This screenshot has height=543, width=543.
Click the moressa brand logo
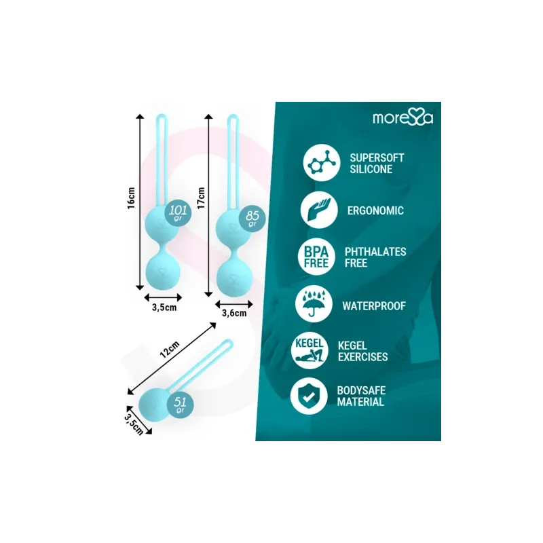(402, 117)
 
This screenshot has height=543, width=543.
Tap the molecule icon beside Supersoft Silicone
(322, 162)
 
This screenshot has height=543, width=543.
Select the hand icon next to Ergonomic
(319, 210)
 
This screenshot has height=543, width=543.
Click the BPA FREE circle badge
(316, 257)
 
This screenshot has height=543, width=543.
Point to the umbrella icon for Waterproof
(314, 304)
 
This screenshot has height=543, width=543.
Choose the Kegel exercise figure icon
(310, 351)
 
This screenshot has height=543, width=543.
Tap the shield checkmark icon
(309, 396)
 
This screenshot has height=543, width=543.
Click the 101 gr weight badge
(178, 212)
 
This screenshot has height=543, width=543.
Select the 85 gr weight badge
(252, 218)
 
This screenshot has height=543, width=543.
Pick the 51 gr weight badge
(180, 405)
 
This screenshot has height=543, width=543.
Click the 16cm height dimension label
(131, 198)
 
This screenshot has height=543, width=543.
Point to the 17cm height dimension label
(201, 198)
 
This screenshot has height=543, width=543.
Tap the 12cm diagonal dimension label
(170, 349)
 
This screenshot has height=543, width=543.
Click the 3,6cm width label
(234, 313)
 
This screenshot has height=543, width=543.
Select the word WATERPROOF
(374, 306)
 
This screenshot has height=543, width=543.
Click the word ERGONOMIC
(375, 210)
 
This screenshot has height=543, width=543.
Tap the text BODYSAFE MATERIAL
(361, 396)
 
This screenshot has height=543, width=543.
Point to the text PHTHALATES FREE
(375, 257)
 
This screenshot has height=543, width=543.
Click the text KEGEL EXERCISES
(363, 351)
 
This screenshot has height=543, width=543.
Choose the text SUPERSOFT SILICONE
(377, 164)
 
